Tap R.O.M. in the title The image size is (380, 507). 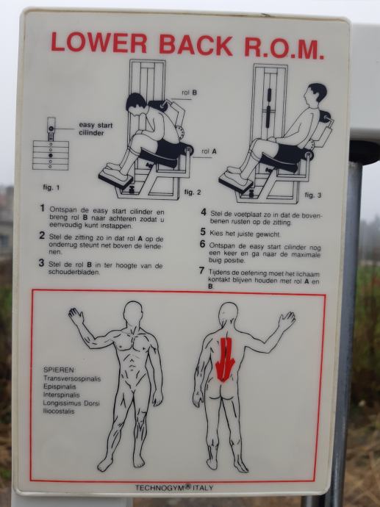[x=284, y=47]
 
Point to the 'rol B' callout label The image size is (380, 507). [x=189, y=93]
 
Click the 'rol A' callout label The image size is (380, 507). [x=209, y=151]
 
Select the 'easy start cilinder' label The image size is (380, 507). [x=96, y=129]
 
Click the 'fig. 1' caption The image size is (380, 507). [x=51, y=187]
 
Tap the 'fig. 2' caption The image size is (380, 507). [x=193, y=192]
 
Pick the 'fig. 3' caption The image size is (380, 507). [x=313, y=195]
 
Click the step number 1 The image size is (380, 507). [x=42, y=208]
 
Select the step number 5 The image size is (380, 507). [x=203, y=232]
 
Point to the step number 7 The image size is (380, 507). [x=202, y=270]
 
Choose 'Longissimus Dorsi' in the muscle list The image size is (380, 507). [x=71, y=403]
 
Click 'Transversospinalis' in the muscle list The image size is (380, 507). [x=72, y=378]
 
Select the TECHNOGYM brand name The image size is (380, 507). [x=159, y=488]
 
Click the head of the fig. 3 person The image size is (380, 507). [x=315, y=96]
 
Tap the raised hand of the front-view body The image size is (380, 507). [x=76, y=315]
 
